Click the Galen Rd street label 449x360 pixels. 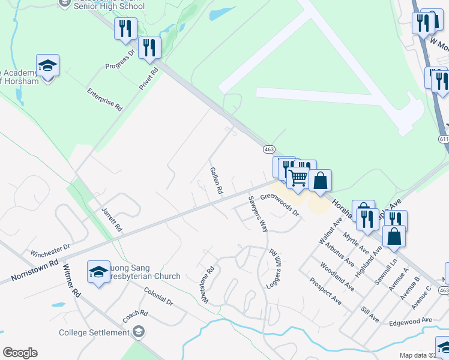[217, 181]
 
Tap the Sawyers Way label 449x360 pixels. [258, 214]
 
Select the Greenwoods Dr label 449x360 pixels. [279, 213]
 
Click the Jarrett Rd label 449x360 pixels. [112, 219]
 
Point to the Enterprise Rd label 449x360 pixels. [104, 100]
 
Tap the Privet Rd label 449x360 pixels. [149, 79]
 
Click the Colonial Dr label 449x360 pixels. [158, 296]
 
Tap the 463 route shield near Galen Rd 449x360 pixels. [269, 148]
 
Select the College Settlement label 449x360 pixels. [94, 332]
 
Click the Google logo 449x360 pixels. [20, 353]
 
